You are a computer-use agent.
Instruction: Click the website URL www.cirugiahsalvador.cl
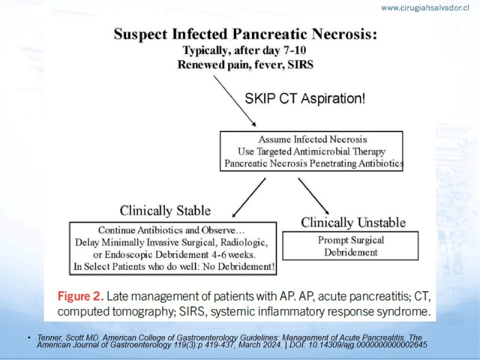(x=425, y=8)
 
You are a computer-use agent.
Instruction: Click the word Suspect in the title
(x=141, y=34)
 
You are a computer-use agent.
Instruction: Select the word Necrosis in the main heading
(x=344, y=34)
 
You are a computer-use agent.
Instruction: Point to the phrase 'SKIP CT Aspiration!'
(x=305, y=98)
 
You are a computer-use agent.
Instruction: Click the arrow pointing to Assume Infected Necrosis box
(x=235, y=101)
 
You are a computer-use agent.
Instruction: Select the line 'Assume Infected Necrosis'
(x=313, y=140)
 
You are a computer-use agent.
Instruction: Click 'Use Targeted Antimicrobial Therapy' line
(x=311, y=152)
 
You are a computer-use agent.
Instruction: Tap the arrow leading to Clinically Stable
(x=249, y=198)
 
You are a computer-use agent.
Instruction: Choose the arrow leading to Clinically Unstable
(x=314, y=196)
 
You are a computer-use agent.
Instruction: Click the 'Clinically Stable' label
(x=166, y=211)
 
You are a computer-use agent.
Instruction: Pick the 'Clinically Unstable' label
(x=353, y=223)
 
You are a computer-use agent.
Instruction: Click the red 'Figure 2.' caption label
(x=80, y=296)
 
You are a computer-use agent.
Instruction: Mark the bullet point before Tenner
(x=29, y=338)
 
